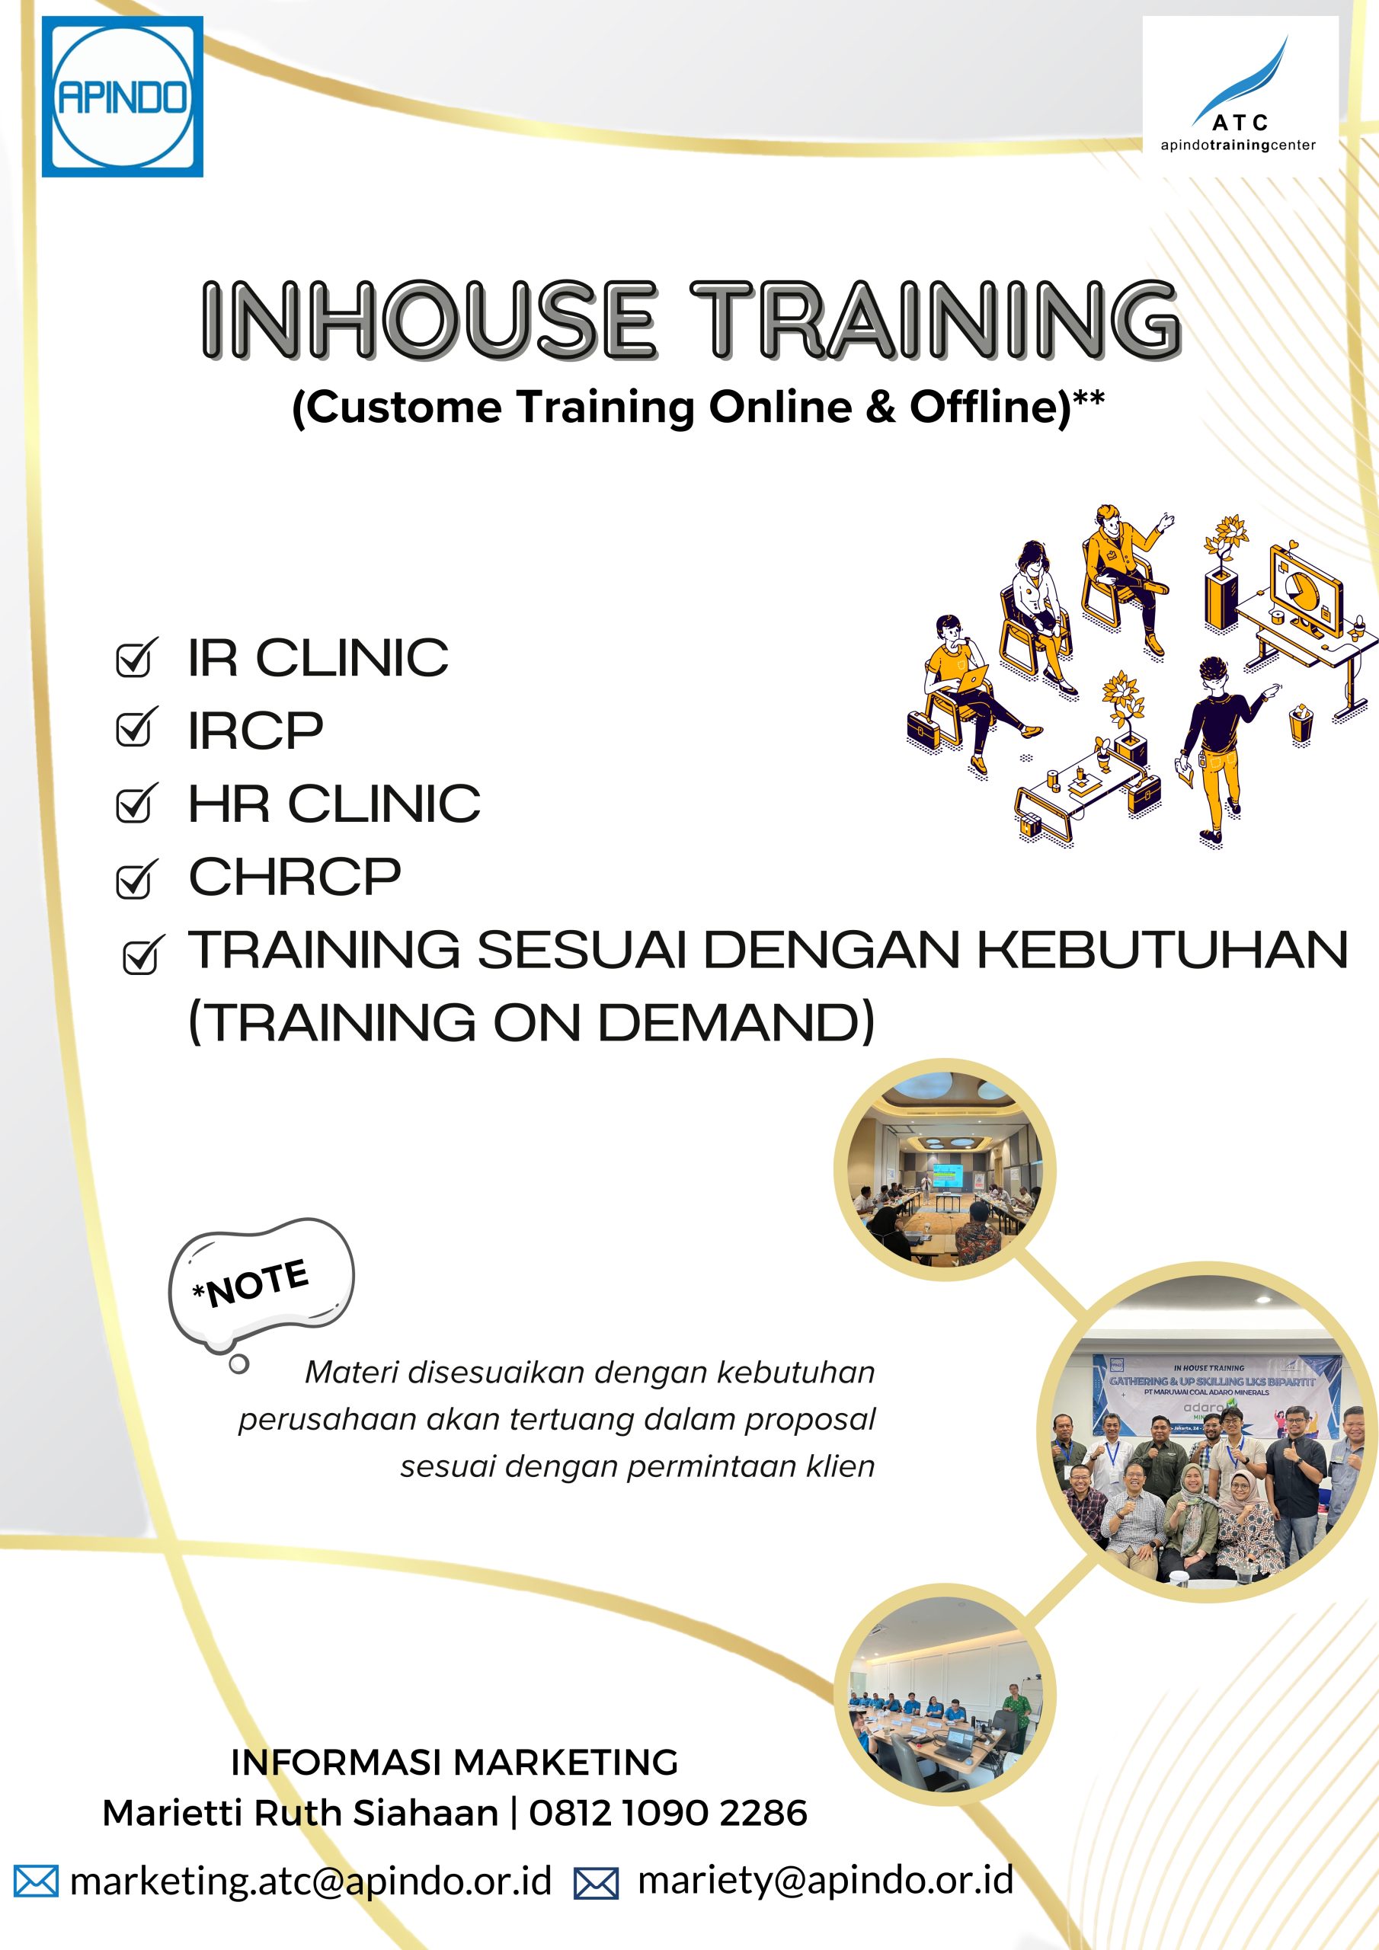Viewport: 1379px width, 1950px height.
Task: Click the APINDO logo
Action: (123, 97)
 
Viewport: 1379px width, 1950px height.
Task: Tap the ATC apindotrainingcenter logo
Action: (1240, 95)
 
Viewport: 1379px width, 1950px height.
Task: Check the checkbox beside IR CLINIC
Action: (136, 658)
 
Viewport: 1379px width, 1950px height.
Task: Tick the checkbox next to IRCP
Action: (136, 728)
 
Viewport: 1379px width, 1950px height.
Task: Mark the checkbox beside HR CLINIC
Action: (136, 804)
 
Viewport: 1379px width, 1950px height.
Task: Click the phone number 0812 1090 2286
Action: (668, 1813)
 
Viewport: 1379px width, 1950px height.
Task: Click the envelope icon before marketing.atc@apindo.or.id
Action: (37, 1881)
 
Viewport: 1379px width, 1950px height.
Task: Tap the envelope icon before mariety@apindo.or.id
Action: (597, 1883)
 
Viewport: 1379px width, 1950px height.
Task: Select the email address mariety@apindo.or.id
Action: (826, 1881)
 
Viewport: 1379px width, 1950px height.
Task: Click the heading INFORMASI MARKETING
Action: (455, 1763)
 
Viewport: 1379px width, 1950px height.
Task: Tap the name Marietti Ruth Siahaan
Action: (300, 1813)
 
